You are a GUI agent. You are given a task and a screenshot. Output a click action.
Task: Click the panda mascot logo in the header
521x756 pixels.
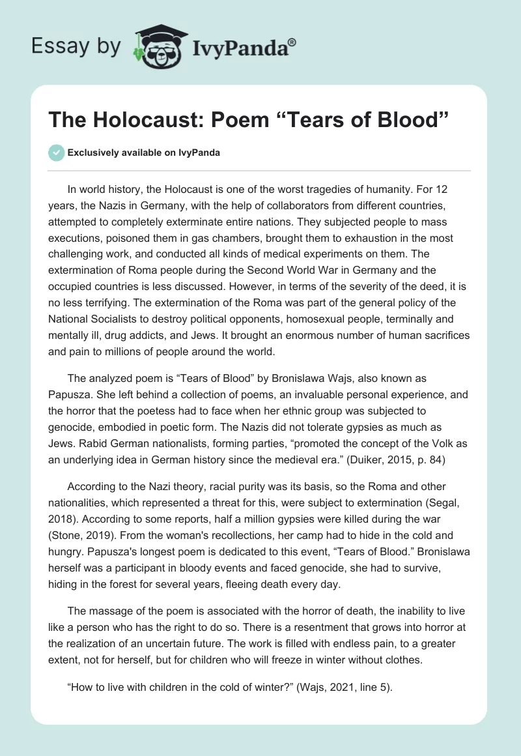[x=156, y=46]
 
